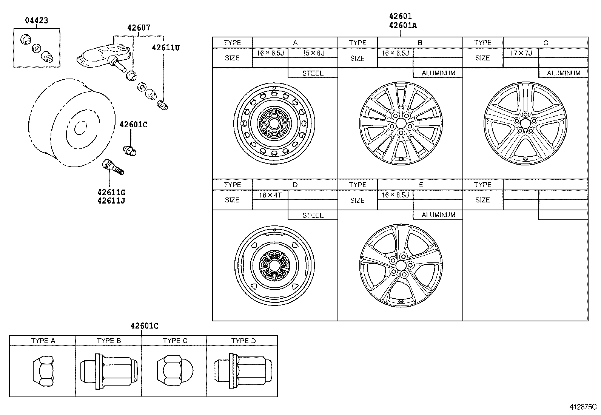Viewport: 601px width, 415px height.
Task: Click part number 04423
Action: [x=37, y=20]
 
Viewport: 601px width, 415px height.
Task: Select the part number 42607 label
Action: [x=139, y=28]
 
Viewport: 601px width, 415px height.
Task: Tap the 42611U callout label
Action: [x=166, y=48]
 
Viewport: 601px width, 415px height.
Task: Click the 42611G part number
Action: [x=111, y=193]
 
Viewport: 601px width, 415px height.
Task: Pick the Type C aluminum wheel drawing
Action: [x=525, y=123]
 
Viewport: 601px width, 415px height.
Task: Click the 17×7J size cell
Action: [x=521, y=53]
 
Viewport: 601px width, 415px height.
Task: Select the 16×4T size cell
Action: [x=270, y=195]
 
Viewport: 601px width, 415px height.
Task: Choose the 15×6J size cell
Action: [x=313, y=53]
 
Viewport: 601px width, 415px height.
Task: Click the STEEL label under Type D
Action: [x=313, y=215]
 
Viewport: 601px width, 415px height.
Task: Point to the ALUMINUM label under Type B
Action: [x=438, y=73]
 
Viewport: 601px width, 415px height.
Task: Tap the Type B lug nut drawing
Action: [x=108, y=372]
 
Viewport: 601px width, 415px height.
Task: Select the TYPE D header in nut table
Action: [x=243, y=341]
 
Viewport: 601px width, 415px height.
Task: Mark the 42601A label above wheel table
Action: [x=403, y=26]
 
